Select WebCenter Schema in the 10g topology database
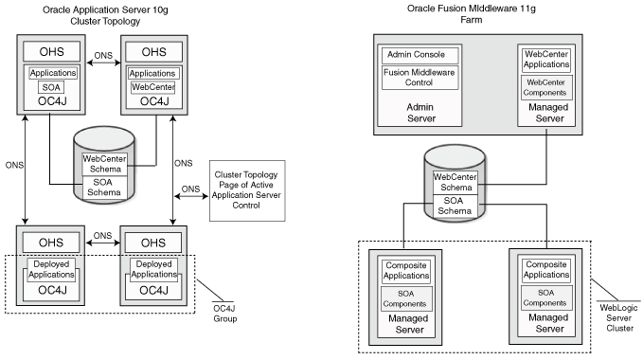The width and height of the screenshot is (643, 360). [x=104, y=164]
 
